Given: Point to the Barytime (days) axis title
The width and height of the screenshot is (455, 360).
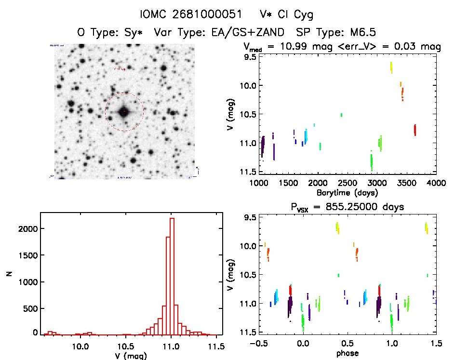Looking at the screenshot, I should point(347,192).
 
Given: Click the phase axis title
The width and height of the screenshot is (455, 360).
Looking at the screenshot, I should point(348,353).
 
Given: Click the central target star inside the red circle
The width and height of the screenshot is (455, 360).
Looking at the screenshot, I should point(124,112).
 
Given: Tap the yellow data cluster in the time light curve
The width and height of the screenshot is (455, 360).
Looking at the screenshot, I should point(391,67).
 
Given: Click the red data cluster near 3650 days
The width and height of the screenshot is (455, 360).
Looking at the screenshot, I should point(415,130).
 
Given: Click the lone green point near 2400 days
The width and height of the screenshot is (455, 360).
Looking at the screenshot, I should point(341,115).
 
